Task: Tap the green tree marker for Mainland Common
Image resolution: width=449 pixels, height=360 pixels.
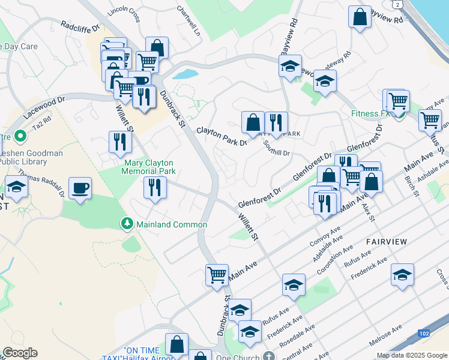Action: click(127, 224)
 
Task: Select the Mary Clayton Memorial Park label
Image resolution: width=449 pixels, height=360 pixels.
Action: click(149, 167)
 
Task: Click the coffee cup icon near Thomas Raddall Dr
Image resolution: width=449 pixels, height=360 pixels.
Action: click(80, 189)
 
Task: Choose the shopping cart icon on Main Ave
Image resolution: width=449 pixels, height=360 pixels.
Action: click(217, 275)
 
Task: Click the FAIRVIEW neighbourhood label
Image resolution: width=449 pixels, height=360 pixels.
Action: click(387, 242)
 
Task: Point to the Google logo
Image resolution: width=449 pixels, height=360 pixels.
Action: click(20, 353)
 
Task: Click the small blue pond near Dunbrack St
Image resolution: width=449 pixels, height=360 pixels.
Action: click(186, 74)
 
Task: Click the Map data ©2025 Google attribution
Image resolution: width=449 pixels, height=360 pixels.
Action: click(411, 355)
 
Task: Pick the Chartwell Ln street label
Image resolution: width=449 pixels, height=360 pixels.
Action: click(188, 20)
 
